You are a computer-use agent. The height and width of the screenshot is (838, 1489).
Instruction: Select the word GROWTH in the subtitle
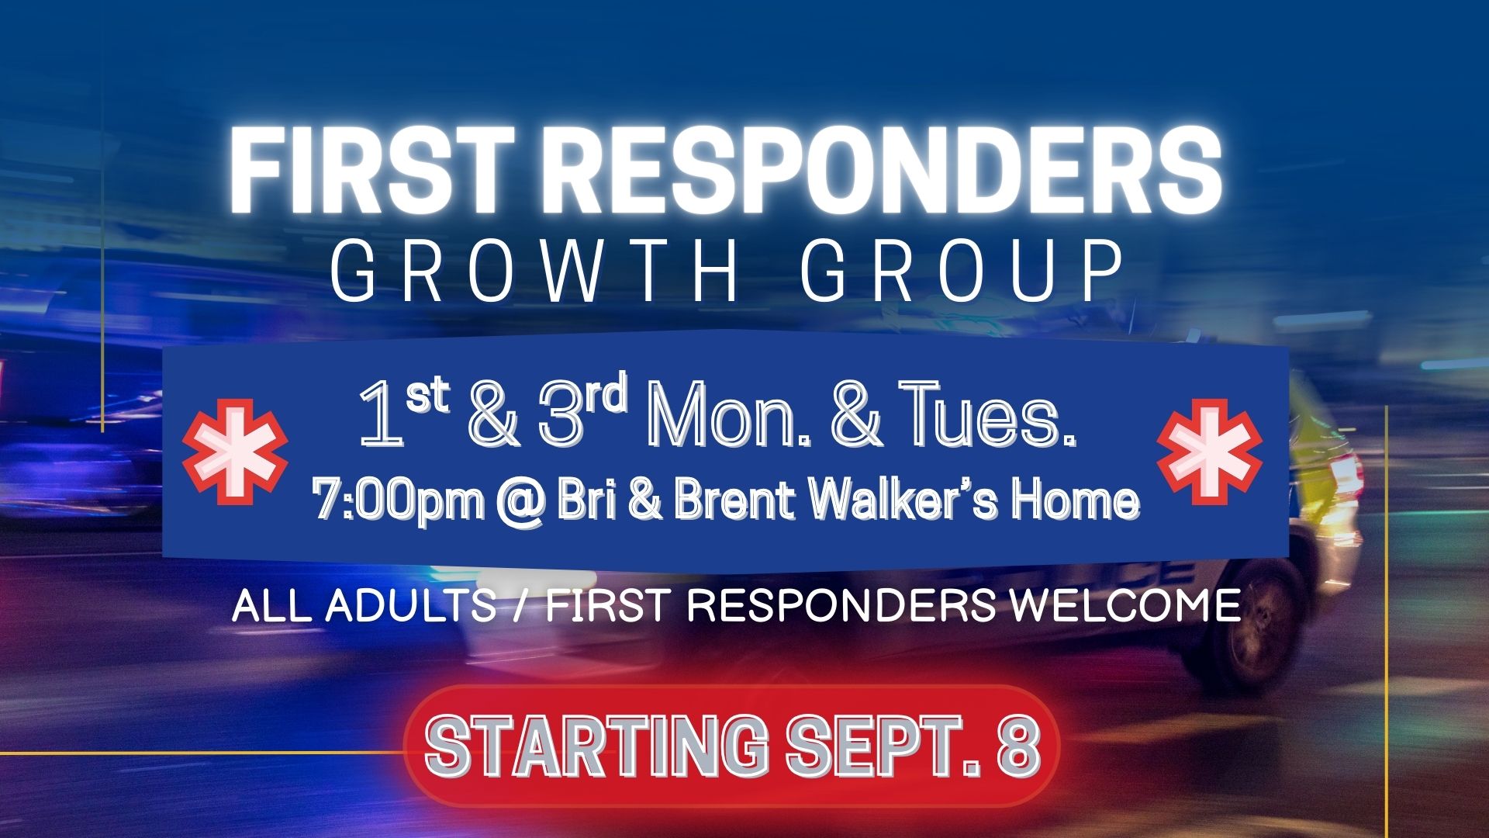(x=534, y=272)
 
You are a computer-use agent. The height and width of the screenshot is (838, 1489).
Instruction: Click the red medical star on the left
(x=234, y=452)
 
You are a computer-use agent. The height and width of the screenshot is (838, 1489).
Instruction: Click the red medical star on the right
(x=1209, y=452)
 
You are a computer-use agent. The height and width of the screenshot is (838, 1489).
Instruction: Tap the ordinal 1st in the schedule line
(x=404, y=415)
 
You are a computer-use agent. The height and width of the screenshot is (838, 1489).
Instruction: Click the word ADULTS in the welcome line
(x=410, y=605)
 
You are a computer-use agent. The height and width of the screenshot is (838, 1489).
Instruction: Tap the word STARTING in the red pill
(x=597, y=746)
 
